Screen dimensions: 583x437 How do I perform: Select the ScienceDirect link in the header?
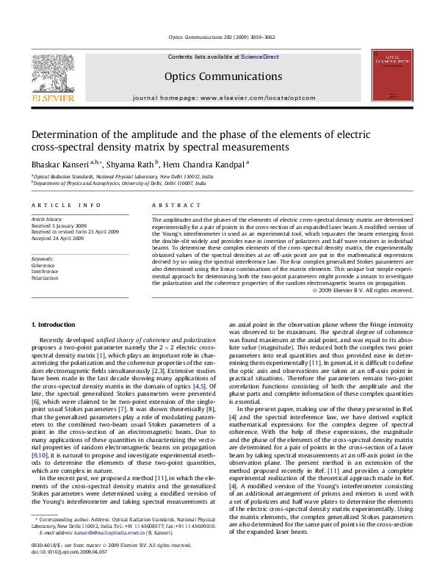tap(259, 57)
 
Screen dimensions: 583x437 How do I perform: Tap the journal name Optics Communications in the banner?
tap(223, 76)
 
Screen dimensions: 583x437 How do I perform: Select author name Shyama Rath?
tap(131, 164)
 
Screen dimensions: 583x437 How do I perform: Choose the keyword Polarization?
tap(45, 278)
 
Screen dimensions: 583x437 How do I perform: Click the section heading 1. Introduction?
tap(55, 325)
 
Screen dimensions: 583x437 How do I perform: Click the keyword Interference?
tap(46, 272)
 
